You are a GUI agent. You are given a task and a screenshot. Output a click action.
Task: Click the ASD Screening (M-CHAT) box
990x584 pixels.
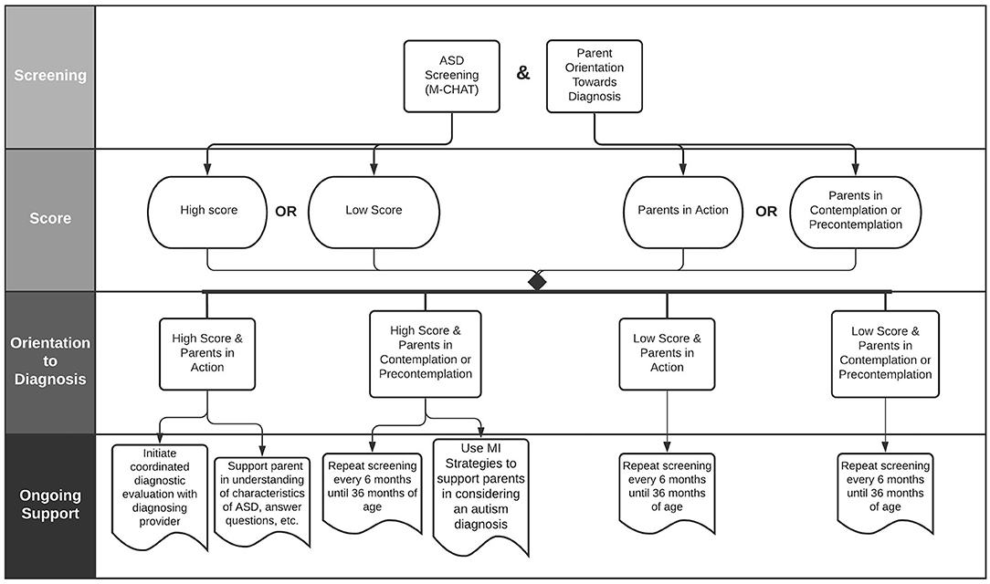(451, 77)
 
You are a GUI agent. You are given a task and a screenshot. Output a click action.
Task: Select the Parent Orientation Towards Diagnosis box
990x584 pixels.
(595, 77)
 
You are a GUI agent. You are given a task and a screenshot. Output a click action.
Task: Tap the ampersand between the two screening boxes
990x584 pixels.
(522, 73)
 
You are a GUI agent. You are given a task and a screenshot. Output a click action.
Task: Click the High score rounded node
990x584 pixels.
(207, 212)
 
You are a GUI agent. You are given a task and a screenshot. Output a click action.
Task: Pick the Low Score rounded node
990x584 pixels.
(374, 212)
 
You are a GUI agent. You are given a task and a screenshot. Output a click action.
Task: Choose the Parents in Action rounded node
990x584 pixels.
(682, 212)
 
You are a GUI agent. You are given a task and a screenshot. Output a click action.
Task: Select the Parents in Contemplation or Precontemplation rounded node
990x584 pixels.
(856, 212)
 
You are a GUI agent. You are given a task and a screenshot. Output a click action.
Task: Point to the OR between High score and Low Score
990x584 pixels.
(286, 212)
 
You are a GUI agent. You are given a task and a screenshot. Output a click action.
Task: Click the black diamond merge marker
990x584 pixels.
(537, 281)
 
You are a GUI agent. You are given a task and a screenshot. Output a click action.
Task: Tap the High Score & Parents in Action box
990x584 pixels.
(207, 354)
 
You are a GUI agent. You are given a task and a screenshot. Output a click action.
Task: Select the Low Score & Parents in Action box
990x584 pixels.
(667, 354)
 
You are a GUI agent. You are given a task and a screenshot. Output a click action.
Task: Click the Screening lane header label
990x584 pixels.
(50, 75)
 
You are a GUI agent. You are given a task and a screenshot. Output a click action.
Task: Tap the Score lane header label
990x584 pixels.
(50, 218)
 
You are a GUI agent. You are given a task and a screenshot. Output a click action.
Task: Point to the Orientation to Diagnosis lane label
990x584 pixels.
(50, 360)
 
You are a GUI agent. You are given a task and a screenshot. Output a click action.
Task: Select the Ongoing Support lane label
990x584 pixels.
(50, 505)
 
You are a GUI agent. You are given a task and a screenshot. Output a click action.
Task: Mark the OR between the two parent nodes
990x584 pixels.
(766, 212)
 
